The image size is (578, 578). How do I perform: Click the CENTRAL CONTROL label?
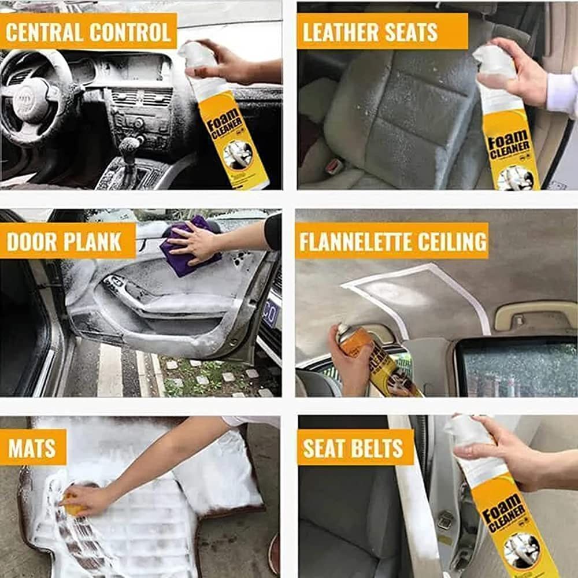point(88,31)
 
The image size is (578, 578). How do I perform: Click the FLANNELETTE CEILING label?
point(392,241)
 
